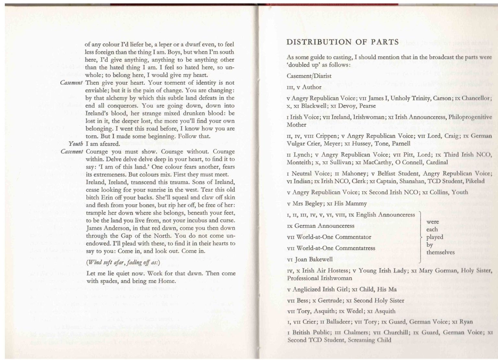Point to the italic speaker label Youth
tap(76, 144)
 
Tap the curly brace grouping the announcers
tap(421, 237)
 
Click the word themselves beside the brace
tap(441, 252)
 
